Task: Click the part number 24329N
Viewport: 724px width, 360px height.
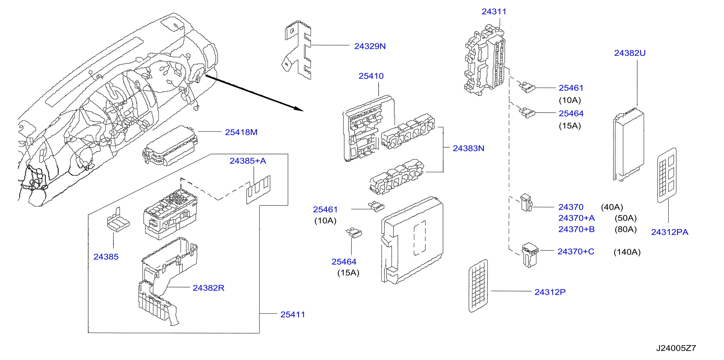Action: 370,46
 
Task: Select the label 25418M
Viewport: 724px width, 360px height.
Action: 241,132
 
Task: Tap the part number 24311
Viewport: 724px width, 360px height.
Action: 494,12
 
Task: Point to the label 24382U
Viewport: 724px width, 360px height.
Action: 630,53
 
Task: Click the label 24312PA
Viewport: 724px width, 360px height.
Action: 670,232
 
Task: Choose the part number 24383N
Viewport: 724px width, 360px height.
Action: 469,148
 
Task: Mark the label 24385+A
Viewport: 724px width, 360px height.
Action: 248,161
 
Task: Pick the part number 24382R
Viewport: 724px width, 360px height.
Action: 208,288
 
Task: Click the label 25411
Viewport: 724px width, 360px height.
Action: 293,314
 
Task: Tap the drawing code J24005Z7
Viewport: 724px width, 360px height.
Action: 676,348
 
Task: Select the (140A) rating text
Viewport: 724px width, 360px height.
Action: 627,252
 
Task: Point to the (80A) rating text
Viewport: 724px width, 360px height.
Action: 626,229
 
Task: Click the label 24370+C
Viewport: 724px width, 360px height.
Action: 576,251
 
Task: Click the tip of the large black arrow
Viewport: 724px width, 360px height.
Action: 303,111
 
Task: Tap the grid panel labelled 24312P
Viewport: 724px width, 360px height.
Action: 478,286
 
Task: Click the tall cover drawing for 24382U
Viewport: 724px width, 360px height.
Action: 629,144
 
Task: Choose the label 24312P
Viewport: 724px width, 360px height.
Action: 550,292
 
